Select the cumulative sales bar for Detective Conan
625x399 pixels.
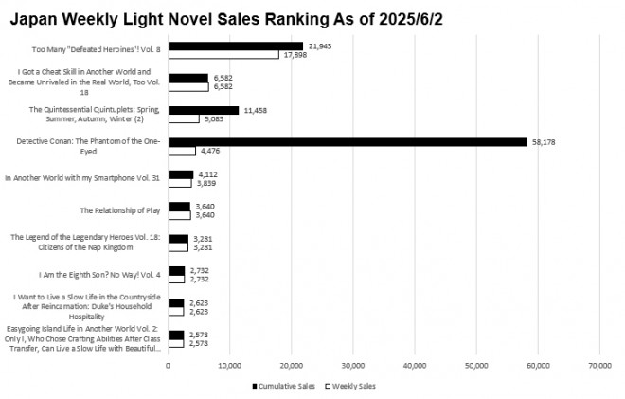point(347,142)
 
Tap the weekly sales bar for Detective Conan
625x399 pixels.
point(182,151)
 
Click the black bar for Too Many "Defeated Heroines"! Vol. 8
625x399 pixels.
point(235,45)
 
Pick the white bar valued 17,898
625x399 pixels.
point(223,55)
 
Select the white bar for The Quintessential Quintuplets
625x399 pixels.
point(184,118)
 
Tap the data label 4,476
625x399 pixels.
point(210,151)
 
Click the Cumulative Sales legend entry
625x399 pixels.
point(283,386)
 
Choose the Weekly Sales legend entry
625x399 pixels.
point(352,386)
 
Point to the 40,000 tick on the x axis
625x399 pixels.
point(415,364)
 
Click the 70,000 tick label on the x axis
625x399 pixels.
point(599,364)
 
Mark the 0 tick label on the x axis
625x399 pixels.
point(168,364)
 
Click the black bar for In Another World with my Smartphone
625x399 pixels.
point(180,174)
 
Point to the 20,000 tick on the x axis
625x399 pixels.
point(291,364)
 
